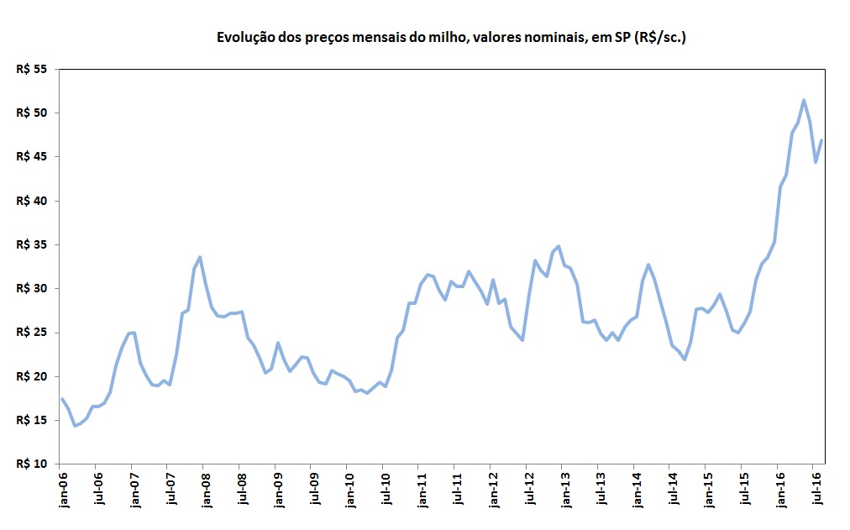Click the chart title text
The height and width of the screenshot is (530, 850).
point(452,38)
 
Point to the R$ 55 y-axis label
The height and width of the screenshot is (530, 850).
point(34,70)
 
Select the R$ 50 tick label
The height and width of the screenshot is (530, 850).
point(34,113)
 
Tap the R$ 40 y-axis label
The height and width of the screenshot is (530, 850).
point(34,201)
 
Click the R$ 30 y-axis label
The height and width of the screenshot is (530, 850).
point(34,288)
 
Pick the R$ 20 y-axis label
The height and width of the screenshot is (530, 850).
point(34,376)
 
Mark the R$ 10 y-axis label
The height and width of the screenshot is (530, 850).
point(34,464)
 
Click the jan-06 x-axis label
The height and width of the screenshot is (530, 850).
point(61,491)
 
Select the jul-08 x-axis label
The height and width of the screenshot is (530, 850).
point(240,491)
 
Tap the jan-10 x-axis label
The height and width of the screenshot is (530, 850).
point(348,491)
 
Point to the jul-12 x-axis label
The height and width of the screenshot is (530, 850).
point(527,491)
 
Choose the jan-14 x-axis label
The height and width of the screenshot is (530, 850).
point(634,491)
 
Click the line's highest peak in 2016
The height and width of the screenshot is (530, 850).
point(804,100)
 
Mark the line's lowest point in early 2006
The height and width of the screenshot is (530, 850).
point(74,426)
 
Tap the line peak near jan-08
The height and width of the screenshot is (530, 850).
point(200,257)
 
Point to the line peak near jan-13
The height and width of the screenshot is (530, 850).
point(559,246)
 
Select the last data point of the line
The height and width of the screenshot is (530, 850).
point(821,140)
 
